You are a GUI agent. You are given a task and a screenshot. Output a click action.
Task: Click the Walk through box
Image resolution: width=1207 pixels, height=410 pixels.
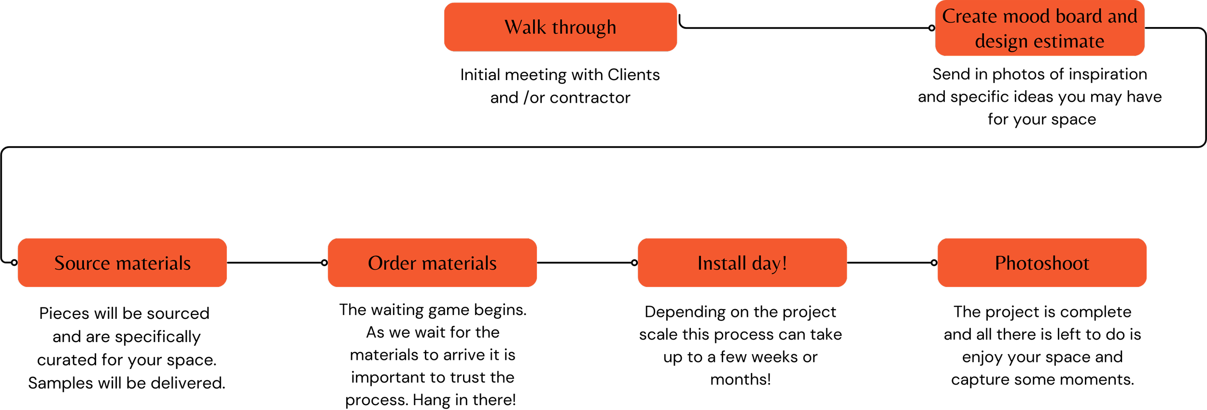click(560, 27)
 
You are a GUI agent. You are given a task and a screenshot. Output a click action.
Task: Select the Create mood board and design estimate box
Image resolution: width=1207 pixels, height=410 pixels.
click(1039, 28)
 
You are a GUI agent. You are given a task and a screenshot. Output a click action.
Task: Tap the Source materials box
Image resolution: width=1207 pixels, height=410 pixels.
click(122, 263)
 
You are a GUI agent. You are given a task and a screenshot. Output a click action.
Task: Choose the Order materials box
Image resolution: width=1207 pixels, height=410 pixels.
click(432, 263)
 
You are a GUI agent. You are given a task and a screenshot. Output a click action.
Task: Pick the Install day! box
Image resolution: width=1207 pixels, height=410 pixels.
click(742, 263)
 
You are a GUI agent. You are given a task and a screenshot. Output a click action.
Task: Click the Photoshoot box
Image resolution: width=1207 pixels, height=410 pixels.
click(1042, 263)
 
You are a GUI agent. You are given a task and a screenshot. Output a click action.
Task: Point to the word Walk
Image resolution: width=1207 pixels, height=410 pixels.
click(525, 27)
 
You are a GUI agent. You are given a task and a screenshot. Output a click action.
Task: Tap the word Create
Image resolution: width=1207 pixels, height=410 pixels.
click(969, 16)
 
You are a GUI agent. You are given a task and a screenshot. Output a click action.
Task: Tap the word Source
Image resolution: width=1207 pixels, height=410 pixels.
click(82, 263)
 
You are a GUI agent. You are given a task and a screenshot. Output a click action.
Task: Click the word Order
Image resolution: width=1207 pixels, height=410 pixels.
click(392, 263)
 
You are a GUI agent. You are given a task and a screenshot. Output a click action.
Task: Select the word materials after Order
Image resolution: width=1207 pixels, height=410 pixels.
click(459, 263)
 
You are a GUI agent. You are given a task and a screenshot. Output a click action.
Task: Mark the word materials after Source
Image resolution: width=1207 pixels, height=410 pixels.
click(154, 263)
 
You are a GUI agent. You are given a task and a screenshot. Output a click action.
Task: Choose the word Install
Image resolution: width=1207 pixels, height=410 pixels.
click(721, 263)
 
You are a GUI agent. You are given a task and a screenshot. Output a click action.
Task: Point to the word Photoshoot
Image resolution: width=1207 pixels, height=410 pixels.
click(1042, 263)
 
